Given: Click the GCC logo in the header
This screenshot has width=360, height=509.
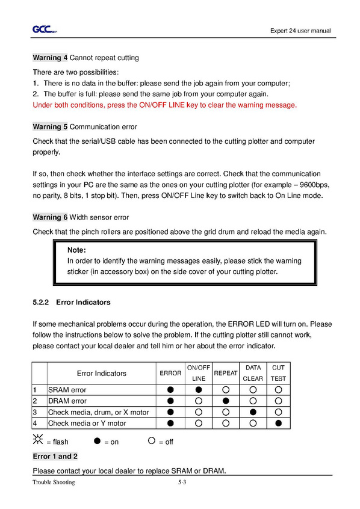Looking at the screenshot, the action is point(45,29).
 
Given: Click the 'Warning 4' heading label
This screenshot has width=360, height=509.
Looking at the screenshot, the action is point(50,58).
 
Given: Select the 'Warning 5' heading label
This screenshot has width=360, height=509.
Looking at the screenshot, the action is point(50,126).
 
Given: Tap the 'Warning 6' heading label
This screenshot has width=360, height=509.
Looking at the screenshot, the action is point(50,217).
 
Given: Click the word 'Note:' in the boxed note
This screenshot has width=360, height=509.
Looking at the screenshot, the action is point(76,250).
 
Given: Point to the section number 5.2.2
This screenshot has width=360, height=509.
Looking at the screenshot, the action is point(40,302).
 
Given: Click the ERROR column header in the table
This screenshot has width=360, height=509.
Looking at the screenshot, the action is point(170,373).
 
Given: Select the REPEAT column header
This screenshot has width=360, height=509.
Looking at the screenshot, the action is point(226,373).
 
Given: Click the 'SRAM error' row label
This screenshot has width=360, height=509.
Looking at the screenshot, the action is point(67,390).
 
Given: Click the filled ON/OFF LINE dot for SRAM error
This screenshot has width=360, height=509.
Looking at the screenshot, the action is point(199,389).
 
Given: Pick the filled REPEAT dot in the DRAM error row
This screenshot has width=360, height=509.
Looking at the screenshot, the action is point(226,401).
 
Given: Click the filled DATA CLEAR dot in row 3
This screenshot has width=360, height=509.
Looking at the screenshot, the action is point(253,412).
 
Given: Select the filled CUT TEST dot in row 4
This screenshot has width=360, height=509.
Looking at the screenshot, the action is point(279,424).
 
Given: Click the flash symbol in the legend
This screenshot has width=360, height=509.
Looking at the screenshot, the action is point(38,440).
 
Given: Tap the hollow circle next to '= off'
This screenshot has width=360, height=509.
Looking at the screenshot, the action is point(152,440).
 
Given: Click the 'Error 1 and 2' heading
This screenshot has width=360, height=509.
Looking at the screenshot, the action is point(55,457).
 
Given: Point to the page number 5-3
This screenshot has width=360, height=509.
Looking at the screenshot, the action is point(182,483).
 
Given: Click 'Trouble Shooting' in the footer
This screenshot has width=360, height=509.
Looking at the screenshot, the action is point(54,483).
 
